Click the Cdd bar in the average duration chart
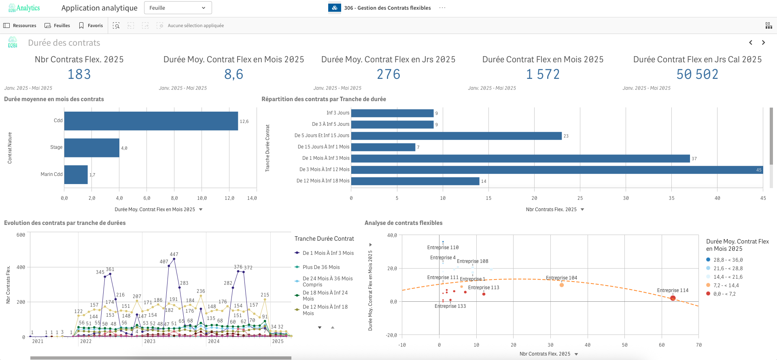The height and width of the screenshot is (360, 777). [x=151, y=121]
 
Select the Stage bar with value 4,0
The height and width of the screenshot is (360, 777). [x=92, y=148]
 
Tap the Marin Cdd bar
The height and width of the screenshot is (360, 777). [x=76, y=174]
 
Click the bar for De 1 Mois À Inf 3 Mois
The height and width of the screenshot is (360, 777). [x=520, y=159]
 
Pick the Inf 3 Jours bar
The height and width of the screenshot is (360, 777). [x=392, y=113]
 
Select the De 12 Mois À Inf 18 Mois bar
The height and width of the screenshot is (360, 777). [x=415, y=181]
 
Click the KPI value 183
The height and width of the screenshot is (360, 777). [x=79, y=74]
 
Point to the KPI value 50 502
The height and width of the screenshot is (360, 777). [x=697, y=74]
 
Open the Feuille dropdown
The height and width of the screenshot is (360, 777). [x=178, y=8]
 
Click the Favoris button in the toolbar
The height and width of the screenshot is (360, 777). [x=91, y=25]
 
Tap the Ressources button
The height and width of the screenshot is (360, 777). [x=20, y=25]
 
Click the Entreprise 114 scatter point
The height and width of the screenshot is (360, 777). [x=673, y=298]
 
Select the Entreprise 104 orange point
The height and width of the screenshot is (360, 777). [x=562, y=285]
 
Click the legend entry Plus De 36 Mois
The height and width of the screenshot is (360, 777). [x=321, y=267]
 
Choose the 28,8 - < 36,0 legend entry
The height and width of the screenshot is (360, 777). [x=728, y=260]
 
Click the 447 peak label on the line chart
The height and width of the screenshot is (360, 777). [x=174, y=254]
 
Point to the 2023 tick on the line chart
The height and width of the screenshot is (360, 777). [x=150, y=341]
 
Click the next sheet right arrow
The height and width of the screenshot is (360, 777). [x=763, y=42]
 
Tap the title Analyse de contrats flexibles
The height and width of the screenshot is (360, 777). [x=403, y=223]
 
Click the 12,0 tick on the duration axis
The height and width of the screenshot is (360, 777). [x=229, y=198]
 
